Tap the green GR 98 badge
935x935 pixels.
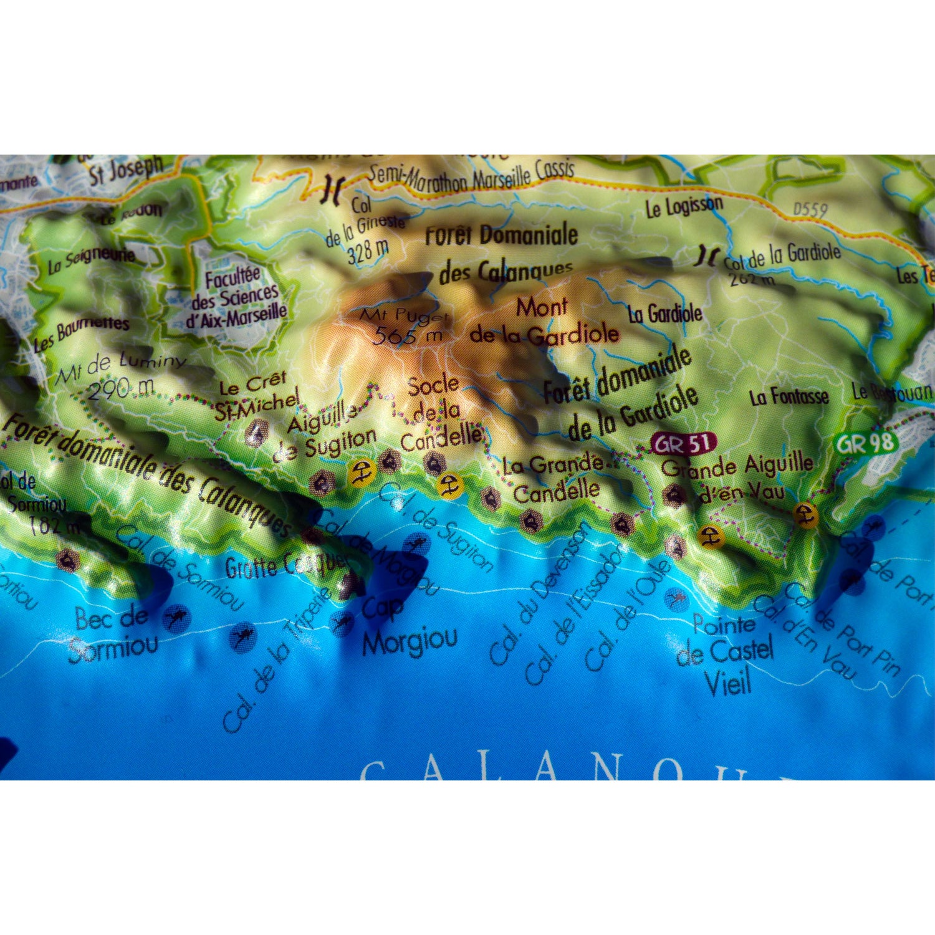[866, 443]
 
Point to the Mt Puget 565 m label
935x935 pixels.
[406, 326]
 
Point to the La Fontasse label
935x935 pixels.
[789, 396]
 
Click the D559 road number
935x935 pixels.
[810, 209]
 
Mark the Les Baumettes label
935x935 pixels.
[81, 333]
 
